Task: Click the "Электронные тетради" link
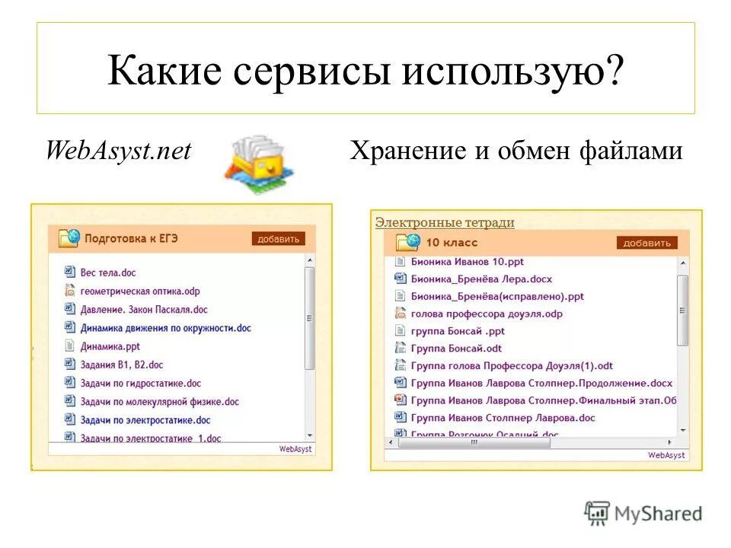pos(445,222)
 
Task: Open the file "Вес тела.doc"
pos(108,272)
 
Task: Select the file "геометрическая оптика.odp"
pos(140,291)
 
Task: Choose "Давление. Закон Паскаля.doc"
pos(144,310)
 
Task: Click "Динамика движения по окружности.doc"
pos(165,328)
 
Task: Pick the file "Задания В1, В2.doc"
pos(122,365)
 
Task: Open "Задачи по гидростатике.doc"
pos(141,384)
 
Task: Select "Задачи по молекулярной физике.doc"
pos(159,402)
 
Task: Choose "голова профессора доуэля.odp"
pos(486,314)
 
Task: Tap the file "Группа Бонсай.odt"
pos(456,348)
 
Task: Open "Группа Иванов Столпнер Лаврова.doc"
pos(503,418)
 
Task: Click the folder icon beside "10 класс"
pos(408,243)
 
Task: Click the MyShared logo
pos(643,514)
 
